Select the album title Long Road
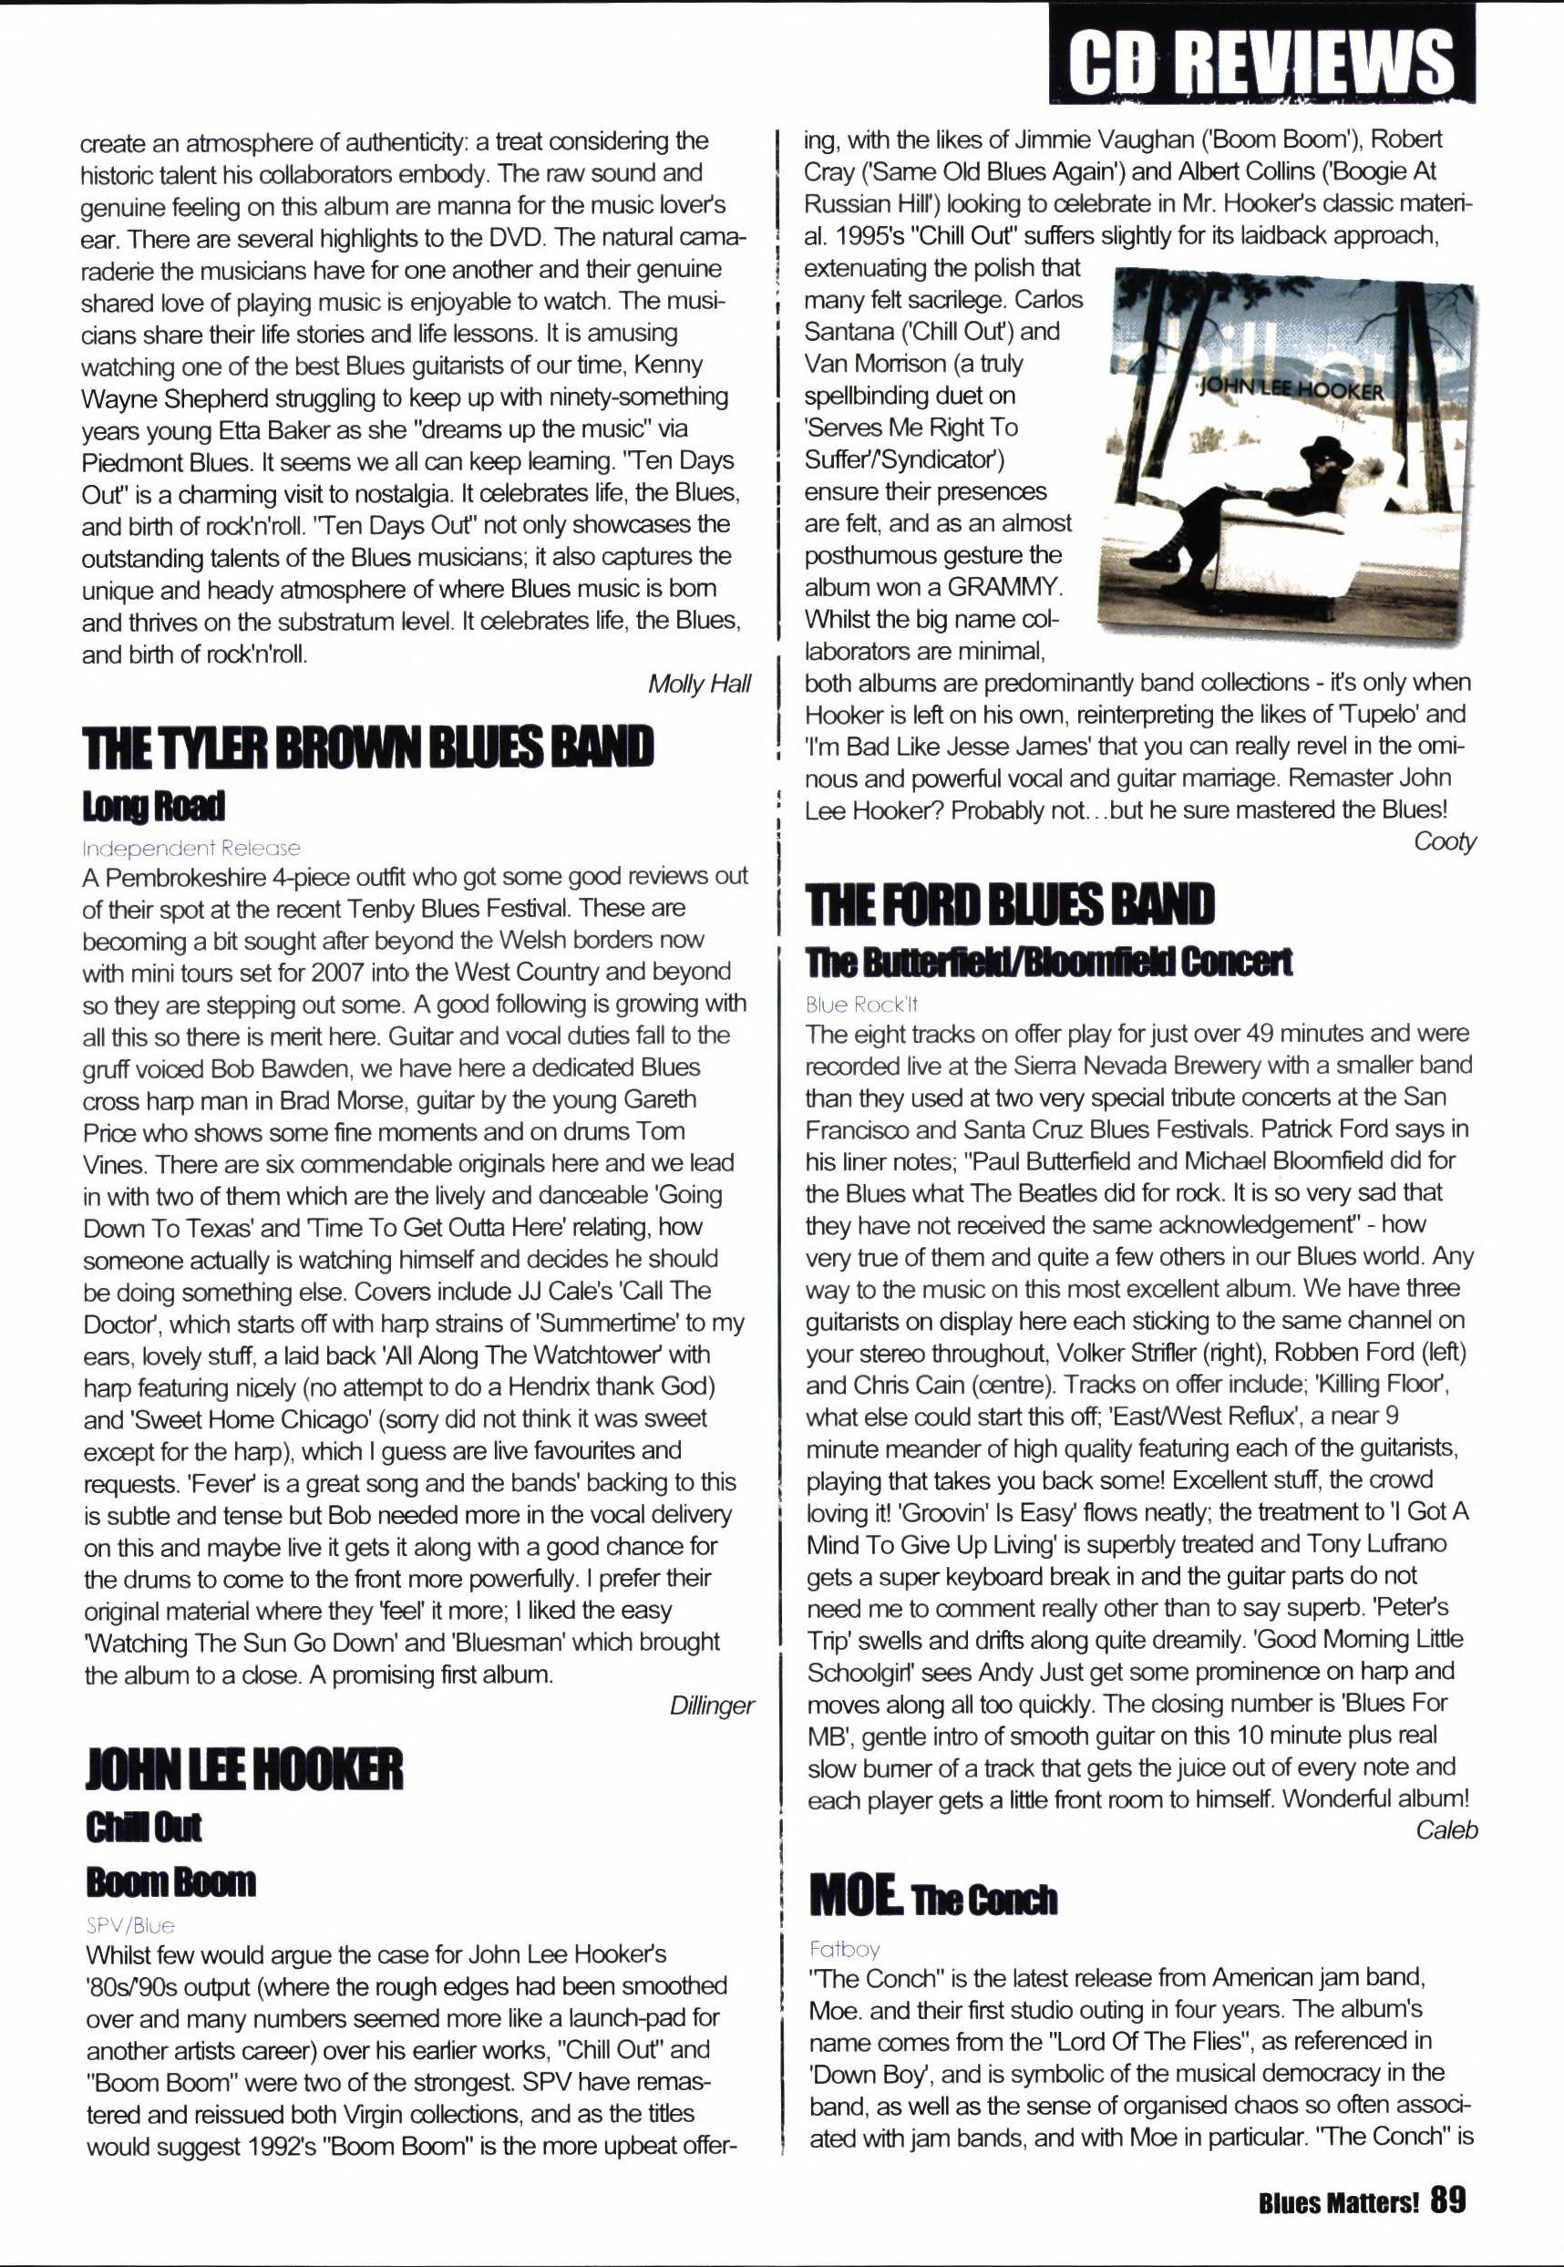[x=154, y=807]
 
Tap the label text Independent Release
[x=191, y=848]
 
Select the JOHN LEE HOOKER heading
[x=244, y=1770]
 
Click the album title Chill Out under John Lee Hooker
[x=143, y=1827]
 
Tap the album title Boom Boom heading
[x=170, y=1881]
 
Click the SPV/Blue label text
[x=130, y=1925]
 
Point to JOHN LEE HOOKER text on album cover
[x=1291, y=389]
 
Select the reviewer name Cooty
[x=1445, y=842]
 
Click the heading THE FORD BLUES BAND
[x=1009, y=903]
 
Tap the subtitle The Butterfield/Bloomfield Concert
[x=1047, y=963]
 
